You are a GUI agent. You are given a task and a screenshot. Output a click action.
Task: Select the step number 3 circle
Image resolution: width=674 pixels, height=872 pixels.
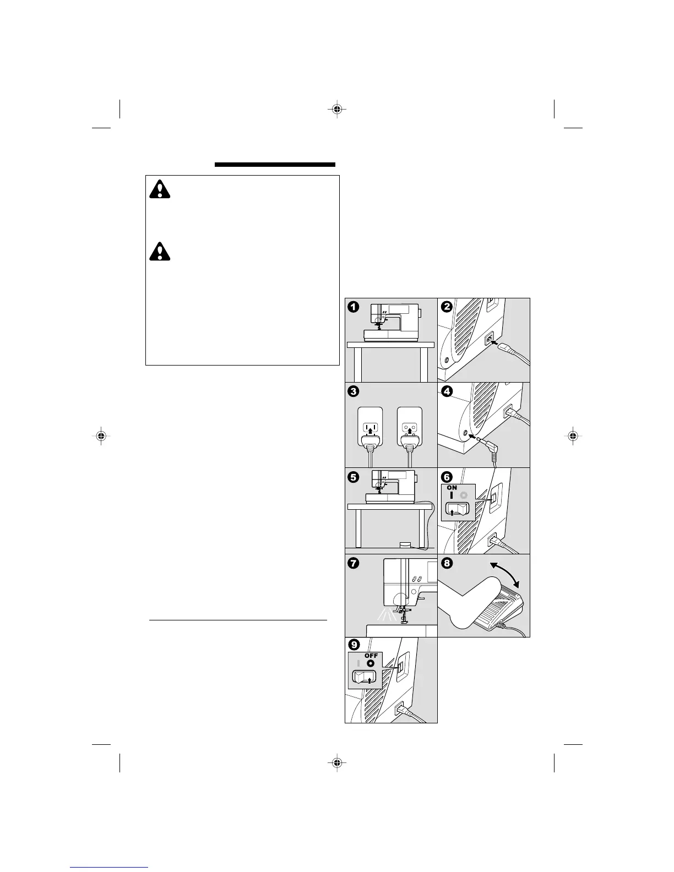[x=354, y=392]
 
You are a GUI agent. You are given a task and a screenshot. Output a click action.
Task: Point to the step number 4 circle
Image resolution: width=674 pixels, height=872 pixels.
[x=447, y=392]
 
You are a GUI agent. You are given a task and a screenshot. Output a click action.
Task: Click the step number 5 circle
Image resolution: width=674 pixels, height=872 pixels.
[x=354, y=477]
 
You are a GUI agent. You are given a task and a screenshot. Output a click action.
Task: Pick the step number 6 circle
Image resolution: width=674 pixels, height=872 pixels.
[x=447, y=477]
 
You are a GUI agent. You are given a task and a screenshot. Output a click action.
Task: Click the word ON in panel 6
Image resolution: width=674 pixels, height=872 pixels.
[x=452, y=488]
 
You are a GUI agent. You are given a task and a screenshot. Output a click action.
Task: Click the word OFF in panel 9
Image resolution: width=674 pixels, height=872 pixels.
[x=371, y=656]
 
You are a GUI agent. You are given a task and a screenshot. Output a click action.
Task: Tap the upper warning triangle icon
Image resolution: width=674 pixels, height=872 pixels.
[x=160, y=189]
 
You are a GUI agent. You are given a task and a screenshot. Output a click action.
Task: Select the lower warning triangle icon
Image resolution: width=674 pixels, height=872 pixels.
[x=160, y=252]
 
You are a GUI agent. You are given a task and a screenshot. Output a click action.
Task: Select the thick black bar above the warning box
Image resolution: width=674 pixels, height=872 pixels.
[x=275, y=164]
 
